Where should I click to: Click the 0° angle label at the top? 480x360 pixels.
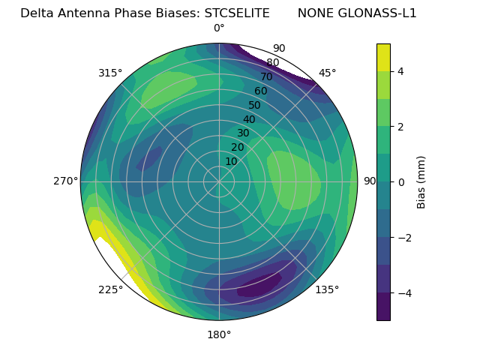(219, 28)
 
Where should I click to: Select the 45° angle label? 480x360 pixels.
(327, 73)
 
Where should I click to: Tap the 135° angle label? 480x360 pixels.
(327, 289)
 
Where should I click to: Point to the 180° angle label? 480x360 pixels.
(219, 334)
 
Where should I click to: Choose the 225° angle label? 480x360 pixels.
(110, 289)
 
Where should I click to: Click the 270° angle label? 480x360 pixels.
(66, 181)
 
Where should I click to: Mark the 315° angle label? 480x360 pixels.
(110, 73)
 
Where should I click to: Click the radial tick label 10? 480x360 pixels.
(231, 161)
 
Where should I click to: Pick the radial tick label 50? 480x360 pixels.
(254, 106)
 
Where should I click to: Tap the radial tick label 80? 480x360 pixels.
(272, 63)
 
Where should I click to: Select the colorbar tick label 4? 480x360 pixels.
(401, 71)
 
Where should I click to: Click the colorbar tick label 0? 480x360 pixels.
(401, 182)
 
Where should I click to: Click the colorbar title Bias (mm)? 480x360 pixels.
(421, 182)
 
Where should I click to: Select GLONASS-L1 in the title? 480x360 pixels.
(379, 13)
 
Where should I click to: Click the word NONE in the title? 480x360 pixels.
(315, 13)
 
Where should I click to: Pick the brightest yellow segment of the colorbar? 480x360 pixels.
(383, 57)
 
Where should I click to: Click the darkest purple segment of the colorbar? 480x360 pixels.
(383, 307)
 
